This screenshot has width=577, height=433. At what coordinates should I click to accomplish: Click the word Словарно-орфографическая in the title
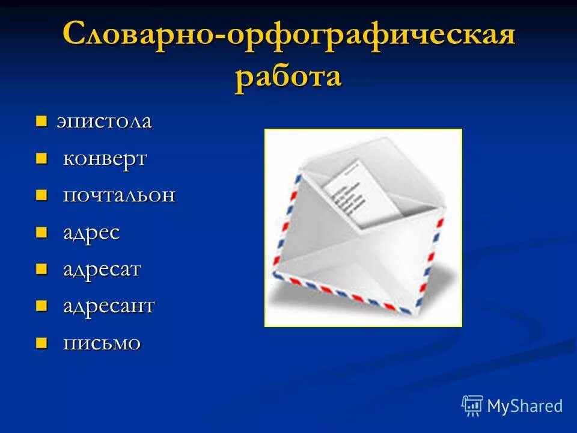click(x=288, y=35)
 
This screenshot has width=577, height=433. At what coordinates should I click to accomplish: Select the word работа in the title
click(x=288, y=78)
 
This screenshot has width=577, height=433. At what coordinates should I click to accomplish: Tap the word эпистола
click(x=104, y=121)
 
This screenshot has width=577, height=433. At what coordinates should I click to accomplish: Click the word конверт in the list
click(x=105, y=159)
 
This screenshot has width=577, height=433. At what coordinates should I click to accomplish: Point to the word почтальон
click(x=120, y=195)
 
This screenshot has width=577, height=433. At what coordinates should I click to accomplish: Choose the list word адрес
click(x=92, y=233)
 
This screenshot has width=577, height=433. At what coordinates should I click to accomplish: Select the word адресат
click(x=102, y=269)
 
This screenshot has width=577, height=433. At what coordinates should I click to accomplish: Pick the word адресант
click(x=109, y=306)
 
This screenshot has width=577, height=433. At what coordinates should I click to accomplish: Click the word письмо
click(x=102, y=343)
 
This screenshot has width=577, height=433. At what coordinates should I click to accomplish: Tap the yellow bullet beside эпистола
click(x=41, y=121)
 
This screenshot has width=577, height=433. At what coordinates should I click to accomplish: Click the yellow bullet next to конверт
click(x=41, y=159)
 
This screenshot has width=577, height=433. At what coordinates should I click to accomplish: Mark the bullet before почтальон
click(x=41, y=195)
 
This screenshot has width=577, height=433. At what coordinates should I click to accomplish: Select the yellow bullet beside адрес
click(x=41, y=233)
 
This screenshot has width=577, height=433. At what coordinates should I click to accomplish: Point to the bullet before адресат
click(x=41, y=269)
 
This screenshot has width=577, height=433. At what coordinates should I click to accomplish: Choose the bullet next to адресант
click(x=41, y=306)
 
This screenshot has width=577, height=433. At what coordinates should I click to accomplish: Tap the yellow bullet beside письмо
click(x=41, y=343)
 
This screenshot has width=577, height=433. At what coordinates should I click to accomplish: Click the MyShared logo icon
click(x=472, y=405)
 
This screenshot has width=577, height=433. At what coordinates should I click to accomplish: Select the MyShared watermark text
click(x=525, y=406)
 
